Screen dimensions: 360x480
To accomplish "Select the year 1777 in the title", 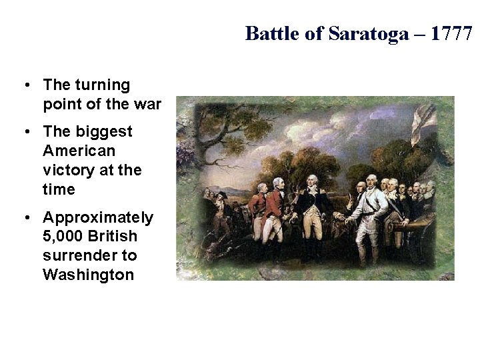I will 451,33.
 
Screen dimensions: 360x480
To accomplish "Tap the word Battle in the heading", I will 273,33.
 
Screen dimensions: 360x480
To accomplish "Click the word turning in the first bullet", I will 102,85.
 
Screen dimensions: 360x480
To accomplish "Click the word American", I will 79,151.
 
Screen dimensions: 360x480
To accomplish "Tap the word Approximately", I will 98,218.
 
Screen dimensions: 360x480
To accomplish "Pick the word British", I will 113,237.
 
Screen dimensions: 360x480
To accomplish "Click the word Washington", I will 88,275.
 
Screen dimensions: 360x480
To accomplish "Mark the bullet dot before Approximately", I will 25,218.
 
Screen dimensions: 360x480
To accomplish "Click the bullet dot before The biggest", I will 25,132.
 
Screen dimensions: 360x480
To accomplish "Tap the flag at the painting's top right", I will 424,124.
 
